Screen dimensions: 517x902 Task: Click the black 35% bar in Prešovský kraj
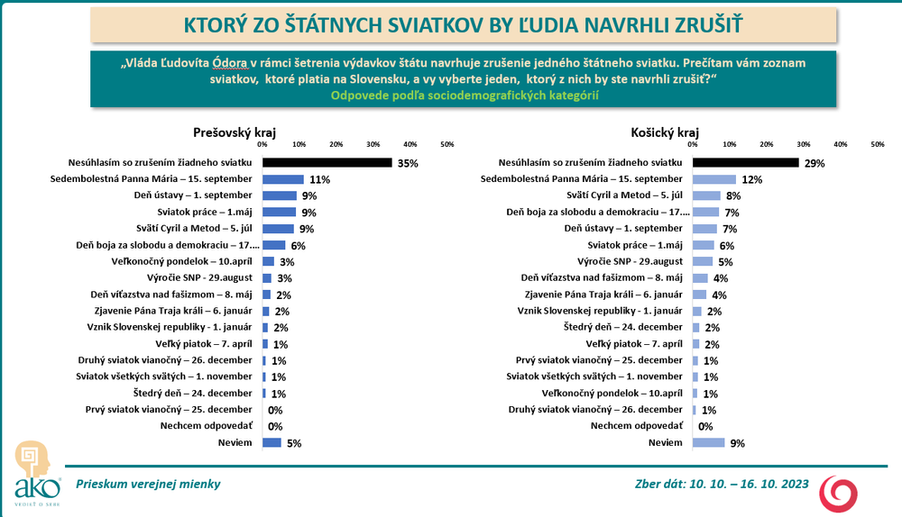[x=327, y=163]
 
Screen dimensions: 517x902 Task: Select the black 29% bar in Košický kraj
[x=746, y=163]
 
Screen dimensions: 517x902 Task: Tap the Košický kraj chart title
[x=661, y=132]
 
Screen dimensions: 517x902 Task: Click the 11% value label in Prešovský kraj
[x=318, y=180]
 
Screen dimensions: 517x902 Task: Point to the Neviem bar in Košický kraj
[x=709, y=442]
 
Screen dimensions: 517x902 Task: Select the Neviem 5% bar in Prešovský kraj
[x=272, y=442]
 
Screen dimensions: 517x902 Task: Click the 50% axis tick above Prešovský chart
[x=446, y=144]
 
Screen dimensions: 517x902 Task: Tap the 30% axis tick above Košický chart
[x=803, y=144]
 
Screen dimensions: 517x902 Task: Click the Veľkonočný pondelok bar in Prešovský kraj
[x=268, y=261]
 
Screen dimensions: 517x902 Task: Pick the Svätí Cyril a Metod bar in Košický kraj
[x=707, y=196]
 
